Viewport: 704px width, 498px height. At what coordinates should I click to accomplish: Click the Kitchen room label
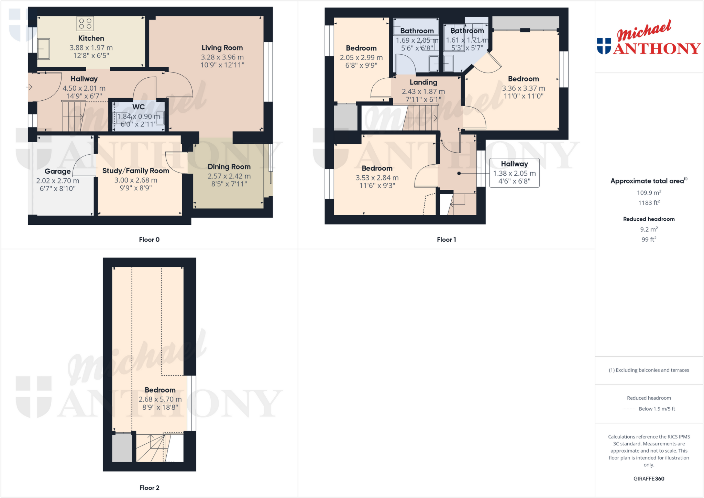coord(91,38)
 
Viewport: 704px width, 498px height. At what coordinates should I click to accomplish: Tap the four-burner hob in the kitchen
coord(85,23)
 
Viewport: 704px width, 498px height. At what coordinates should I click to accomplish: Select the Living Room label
coord(222,48)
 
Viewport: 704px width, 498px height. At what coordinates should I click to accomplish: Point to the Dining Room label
coord(229,167)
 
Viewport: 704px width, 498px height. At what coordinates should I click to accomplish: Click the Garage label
coord(57,171)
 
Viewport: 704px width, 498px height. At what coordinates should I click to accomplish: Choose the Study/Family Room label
coord(136,170)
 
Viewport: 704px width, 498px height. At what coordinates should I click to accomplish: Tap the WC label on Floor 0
coord(139,107)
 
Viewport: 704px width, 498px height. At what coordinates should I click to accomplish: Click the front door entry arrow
coord(29,87)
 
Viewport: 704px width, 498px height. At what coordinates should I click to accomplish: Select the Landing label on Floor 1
coord(423,82)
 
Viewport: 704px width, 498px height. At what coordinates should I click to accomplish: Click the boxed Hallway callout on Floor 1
coord(514,173)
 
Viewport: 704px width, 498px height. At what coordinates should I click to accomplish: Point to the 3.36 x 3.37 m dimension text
coord(523,88)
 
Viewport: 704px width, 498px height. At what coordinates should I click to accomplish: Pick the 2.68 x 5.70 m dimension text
coord(160,399)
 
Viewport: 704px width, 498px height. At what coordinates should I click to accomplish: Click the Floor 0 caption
coord(149,240)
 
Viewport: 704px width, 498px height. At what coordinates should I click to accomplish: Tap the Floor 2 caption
coord(149,488)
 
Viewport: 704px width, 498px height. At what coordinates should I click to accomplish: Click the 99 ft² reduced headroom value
coord(649,239)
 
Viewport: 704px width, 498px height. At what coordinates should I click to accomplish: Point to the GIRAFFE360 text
coord(649,478)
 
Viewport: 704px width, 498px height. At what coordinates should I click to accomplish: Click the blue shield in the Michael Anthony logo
coord(604,46)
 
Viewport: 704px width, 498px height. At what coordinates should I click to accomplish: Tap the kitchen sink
coord(44,49)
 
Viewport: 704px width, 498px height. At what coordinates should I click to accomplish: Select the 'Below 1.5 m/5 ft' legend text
coord(657,409)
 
